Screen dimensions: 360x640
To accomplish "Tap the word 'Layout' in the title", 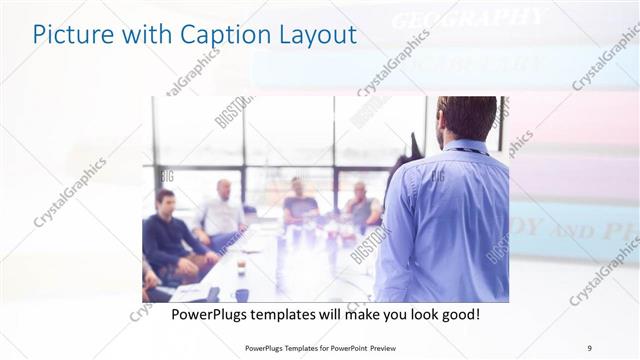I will tap(313, 35).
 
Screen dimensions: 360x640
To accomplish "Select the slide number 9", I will tap(589, 347).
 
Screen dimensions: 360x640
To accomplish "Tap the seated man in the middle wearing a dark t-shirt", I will tap(298, 201).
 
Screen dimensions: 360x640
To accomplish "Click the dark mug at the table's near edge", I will tap(242, 295).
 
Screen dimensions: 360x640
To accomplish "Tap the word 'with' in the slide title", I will tap(140, 35).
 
